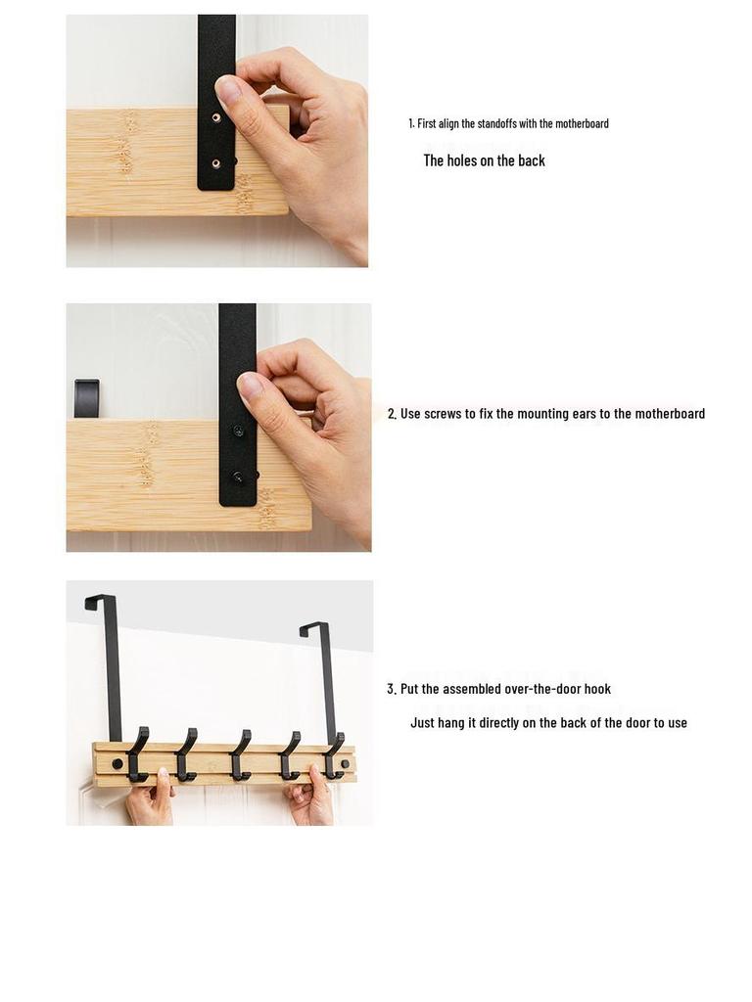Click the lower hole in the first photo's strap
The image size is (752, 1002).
coord(216,163)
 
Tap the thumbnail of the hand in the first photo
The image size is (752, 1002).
coord(228,93)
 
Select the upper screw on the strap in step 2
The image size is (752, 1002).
coord(238,431)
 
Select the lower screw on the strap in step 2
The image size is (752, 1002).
coord(238,477)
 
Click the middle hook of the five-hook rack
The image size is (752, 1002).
coord(240,754)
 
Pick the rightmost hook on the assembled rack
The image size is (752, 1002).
coord(335,756)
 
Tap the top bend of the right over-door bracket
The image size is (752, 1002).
coord(314,626)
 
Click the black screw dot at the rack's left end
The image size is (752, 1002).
coord(117,763)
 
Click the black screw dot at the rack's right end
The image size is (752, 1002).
coord(345,763)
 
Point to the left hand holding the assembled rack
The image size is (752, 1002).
coord(150,800)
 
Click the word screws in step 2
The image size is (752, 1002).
coord(443,414)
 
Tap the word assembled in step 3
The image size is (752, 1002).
coord(473,689)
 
